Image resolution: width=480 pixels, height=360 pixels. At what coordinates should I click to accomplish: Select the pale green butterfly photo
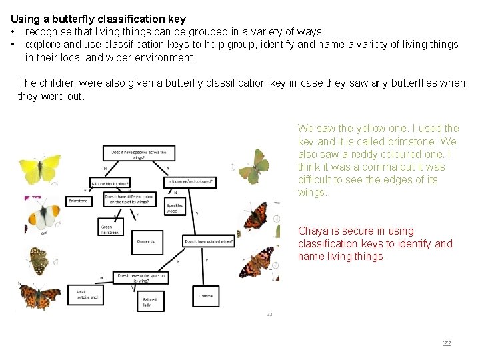coord(254,165)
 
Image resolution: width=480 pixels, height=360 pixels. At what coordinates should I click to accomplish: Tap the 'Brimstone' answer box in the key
coord(79,201)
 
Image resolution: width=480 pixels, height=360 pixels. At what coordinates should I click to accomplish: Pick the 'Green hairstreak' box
coord(110,227)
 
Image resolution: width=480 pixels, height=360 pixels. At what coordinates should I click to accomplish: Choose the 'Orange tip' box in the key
coord(147,241)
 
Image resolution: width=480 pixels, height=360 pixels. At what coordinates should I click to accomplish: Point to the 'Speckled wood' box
coord(175,206)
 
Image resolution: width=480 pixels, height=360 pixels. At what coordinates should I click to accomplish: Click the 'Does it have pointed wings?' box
coord(209,241)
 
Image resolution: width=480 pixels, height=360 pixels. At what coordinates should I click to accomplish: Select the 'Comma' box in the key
coord(206,295)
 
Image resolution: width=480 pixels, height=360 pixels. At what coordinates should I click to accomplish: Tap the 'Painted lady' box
coord(149,302)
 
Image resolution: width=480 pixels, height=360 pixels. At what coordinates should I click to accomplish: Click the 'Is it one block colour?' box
coord(110,181)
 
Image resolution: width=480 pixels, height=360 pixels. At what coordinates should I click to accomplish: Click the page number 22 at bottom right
coord(447,343)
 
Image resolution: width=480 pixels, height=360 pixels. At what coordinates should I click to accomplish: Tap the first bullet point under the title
coord(13,32)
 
